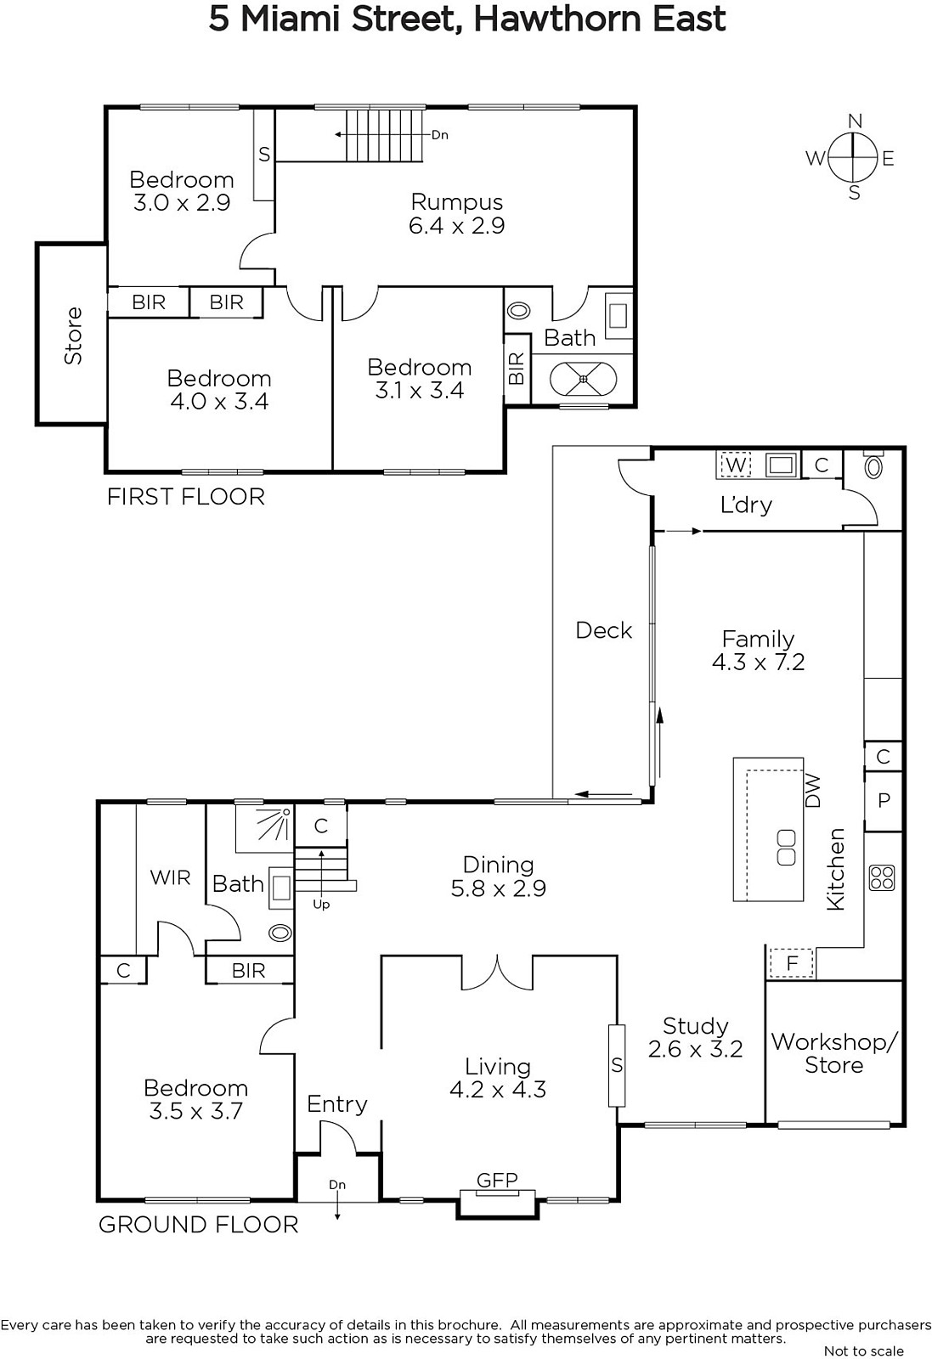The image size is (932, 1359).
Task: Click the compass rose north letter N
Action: click(x=855, y=121)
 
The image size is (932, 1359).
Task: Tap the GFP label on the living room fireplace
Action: click(x=497, y=1180)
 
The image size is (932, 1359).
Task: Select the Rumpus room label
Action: click(x=457, y=202)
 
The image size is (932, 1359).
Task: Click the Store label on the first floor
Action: click(x=73, y=336)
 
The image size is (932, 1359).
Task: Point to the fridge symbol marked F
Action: click(x=792, y=963)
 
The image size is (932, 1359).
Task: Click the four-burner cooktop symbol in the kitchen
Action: click(x=882, y=877)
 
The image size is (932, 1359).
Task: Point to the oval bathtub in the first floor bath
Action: click(x=583, y=379)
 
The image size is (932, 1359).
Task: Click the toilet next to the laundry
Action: click(x=873, y=466)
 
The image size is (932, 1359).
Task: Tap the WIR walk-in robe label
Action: click(x=171, y=877)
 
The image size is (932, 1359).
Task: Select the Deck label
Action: click(x=604, y=630)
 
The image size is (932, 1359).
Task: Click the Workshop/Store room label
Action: click(x=833, y=1053)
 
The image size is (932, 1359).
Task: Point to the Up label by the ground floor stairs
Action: click(x=321, y=905)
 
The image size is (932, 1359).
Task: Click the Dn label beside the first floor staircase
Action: click(x=440, y=135)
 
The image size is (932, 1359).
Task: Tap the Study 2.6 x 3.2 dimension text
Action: click(x=695, y=1049)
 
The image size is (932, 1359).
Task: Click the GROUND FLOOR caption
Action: click(x=199, y=1224)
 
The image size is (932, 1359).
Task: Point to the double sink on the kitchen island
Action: click(x=787, y=849)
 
